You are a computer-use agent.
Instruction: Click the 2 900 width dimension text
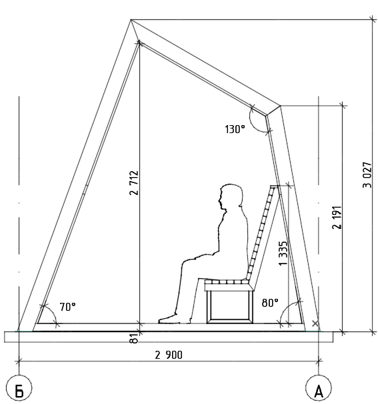(x=169, y=355)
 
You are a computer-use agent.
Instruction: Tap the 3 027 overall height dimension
(x=367, y=175)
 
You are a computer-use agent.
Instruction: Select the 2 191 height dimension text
(x=337, y=217)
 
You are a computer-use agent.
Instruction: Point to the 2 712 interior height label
(x=134, y=182)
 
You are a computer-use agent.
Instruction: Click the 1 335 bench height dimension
(x=283, y=254)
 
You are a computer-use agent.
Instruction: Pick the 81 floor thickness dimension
(x=133, y=338)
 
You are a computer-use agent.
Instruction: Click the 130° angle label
(x=235, y=129)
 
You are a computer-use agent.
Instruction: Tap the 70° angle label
(x=68, y=307)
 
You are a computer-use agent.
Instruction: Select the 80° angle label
(x=270, y=303)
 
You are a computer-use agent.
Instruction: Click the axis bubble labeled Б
(x=19, y=388)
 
